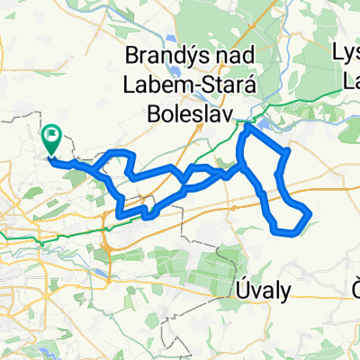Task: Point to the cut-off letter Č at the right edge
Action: (x=355, y=264)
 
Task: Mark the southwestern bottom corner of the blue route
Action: (x=119, y=215)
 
